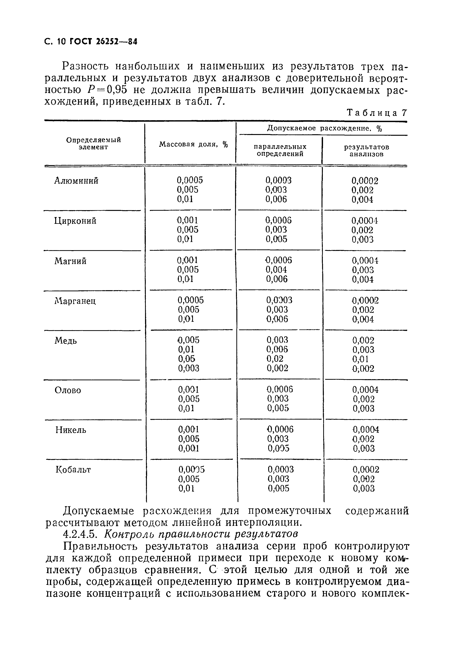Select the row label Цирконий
pyautogui.click(x=75, y=221)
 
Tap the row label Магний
pyautogui.click(x=70, y=261)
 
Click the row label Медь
pyautogui.click(x=66, y=341)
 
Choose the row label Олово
pyautogui.click(x=68, y=390)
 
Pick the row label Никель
pyautogui.click(x=71, y=430)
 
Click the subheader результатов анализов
pyautogui.click(x=367, y=151)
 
